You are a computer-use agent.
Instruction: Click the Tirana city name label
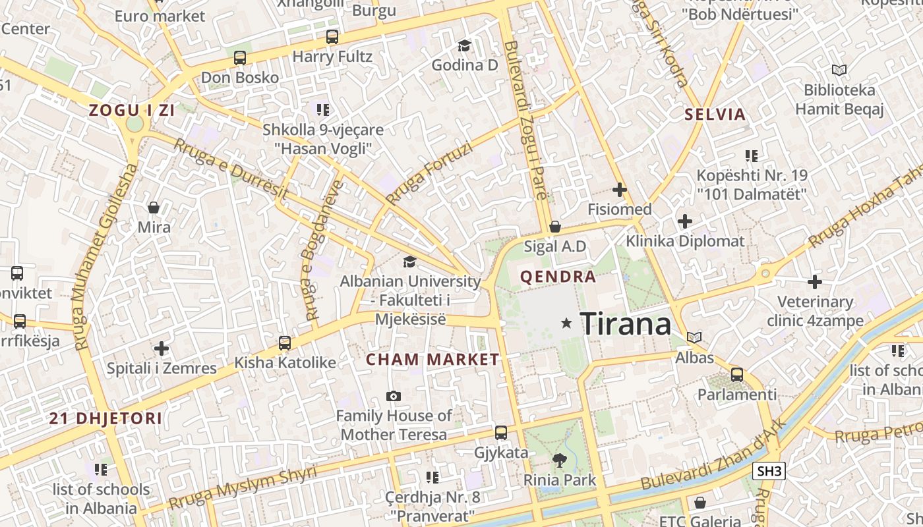click(626, 323)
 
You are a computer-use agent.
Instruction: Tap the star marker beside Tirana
click(566, 323)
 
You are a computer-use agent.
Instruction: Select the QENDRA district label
click(558, 277)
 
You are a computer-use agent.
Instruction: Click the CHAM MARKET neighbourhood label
click(432, 360)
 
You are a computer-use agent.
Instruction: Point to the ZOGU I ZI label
click(132, 111)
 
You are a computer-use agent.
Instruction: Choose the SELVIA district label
click(715, 115)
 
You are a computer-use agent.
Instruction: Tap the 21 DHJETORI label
click(106, 418)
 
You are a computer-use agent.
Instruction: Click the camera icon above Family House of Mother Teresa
click(394, 396)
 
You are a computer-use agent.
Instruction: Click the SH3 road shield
click(769, 471)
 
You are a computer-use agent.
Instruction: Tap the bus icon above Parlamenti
click(737, 375)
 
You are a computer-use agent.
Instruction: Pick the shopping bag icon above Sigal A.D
click(555, 227)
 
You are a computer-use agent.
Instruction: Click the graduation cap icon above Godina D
click(465, 45)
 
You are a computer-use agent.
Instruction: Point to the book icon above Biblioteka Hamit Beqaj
click(839, 70)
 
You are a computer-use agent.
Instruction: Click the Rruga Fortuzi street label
click(429, 174)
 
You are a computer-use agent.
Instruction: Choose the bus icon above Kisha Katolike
click(285, 343)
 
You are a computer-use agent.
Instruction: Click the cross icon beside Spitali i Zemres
click(162, 348)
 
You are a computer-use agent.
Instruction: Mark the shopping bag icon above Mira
click(154, 208)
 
